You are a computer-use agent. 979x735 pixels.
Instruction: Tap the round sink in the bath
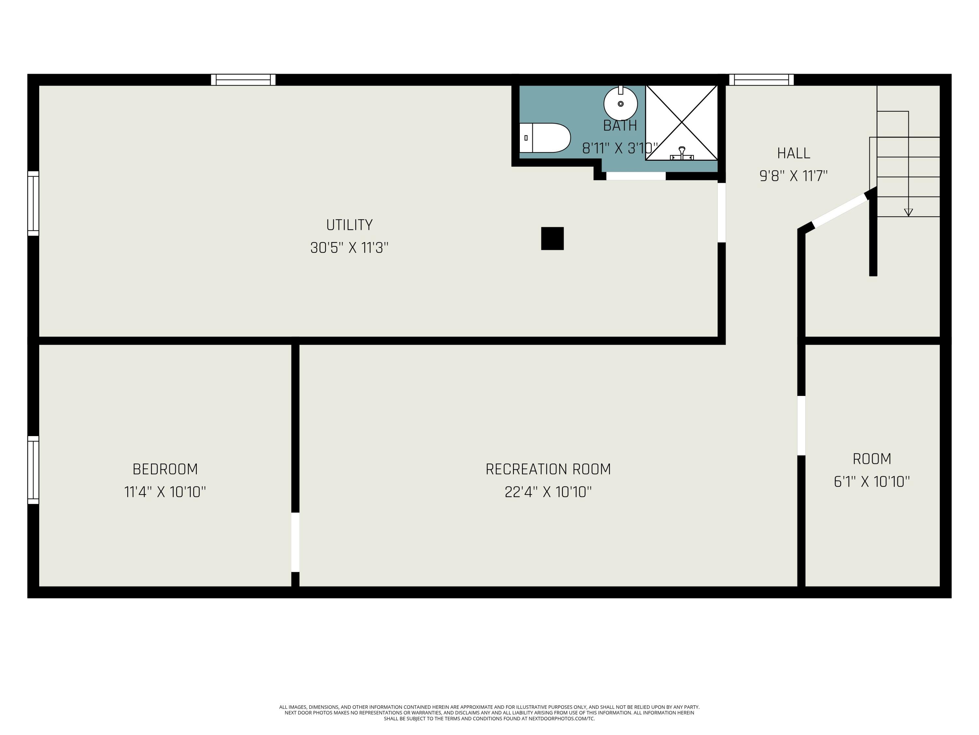(x=620, y=104)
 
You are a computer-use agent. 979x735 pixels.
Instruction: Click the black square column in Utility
(x=552, y=238)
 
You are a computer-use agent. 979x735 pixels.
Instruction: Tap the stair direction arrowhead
(x=908, y=212)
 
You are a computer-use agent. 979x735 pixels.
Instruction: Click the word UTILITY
(x=349, y=225)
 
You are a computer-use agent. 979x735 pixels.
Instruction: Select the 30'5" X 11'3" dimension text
(x=349, y=247)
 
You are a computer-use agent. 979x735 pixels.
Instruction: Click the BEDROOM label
(x=165, y=469)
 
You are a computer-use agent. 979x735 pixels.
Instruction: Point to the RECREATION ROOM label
(x=548, y=469)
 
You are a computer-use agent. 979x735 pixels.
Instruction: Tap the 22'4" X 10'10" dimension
(x=548, y=492)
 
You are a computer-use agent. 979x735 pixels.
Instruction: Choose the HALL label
(x=794, y=153)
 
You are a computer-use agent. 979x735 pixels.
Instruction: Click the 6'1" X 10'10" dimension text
(x=871, y=482)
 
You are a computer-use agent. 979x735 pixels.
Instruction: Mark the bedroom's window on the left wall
(x=33, y=470)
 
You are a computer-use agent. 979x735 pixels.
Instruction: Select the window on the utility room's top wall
(x=243, y=80)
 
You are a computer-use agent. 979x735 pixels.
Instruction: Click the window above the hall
(x=761, y=80)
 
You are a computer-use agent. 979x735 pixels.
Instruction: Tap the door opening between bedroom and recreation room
(x=295, y=542)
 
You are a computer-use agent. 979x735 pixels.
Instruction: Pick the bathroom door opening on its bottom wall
(x=636, y=176)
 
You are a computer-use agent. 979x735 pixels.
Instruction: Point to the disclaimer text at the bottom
(x=489, y=713)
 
